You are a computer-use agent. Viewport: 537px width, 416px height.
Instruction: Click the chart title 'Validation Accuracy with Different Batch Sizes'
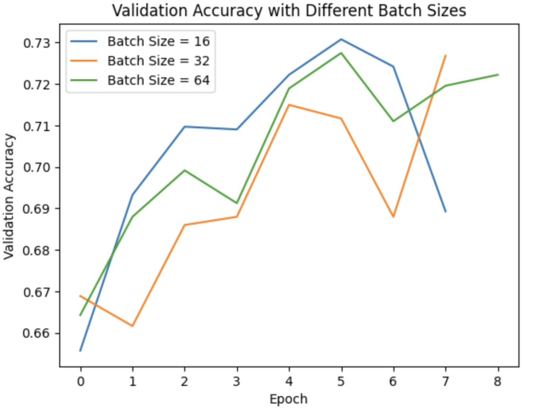point(289,10)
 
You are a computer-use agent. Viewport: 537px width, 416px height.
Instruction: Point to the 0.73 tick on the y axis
point(37,43)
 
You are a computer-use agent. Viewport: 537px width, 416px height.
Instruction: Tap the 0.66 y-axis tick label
point(37,334)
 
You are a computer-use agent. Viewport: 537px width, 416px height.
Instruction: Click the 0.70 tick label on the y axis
point(37,167)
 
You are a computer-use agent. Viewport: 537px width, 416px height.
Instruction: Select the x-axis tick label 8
point(498,381)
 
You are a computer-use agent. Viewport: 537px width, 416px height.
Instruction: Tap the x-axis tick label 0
point(80,381)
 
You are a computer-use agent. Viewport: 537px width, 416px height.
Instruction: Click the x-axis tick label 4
point(289,381)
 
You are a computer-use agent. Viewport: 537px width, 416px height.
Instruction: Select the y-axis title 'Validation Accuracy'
point(9,197)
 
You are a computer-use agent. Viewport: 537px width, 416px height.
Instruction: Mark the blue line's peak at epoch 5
point(341,39)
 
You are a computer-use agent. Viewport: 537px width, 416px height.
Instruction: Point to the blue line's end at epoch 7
point(446,212)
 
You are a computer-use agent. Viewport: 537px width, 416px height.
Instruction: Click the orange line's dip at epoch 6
point(393,217)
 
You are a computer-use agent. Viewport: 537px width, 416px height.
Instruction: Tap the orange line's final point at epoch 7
point(446,55)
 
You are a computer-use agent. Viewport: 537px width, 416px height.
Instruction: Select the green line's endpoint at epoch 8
point(498,74)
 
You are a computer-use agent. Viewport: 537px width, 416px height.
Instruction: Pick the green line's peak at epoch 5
point(341,53)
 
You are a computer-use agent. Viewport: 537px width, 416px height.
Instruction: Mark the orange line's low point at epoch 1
point(133,326)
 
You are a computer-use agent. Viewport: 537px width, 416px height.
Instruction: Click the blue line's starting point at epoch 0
point(80,351)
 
